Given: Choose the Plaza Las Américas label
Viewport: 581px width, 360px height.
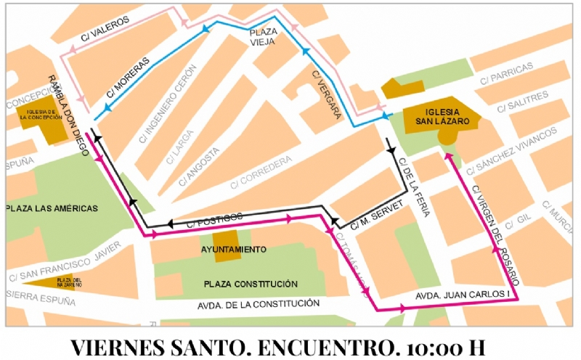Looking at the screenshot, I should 52,208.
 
